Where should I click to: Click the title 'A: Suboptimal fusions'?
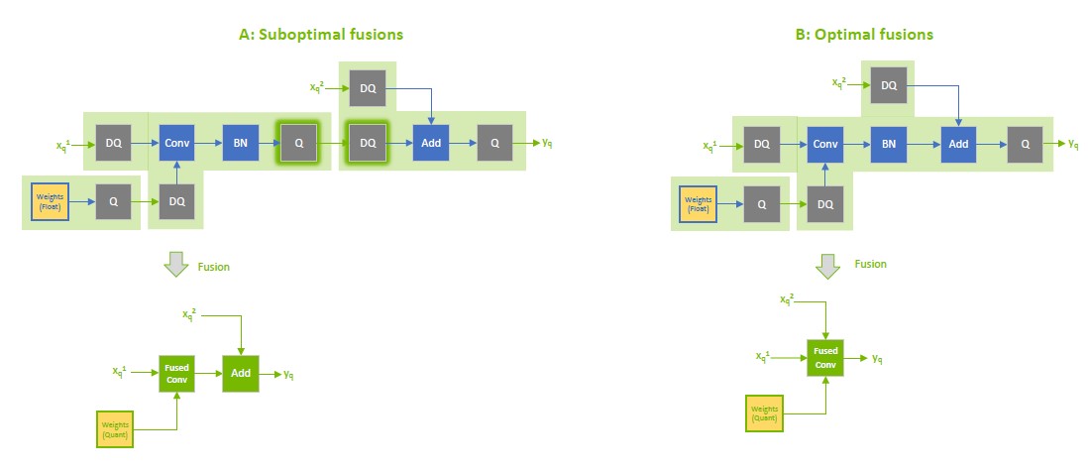321,35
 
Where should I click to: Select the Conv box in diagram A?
177,143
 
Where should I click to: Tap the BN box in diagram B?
889,144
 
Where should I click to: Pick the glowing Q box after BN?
298,143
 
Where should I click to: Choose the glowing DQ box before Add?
367,143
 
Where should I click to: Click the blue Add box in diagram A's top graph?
431,143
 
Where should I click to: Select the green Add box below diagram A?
242,374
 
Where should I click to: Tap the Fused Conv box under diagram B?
826,357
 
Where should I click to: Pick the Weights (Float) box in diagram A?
51,202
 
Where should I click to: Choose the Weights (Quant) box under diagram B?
763,413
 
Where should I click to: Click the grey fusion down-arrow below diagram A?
175,265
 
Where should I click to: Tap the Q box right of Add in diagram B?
1026,144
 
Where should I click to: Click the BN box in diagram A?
240,143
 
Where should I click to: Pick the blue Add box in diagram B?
957,144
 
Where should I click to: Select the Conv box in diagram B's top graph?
825,144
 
